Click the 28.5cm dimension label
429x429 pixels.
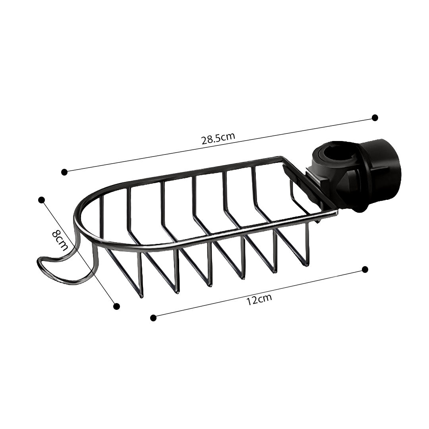pos(218,138)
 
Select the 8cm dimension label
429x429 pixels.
pos(60,240)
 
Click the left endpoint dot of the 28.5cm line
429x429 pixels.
pos(64,172)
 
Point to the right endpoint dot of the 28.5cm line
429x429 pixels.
pos(375,118)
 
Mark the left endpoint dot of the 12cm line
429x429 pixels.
pos(153,317)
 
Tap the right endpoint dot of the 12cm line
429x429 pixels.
pos(365,269)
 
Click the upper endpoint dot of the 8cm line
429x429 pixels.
pos(41,200)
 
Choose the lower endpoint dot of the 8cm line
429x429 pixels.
pos(116,306)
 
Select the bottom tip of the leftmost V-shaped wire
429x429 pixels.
pos(141,296)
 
